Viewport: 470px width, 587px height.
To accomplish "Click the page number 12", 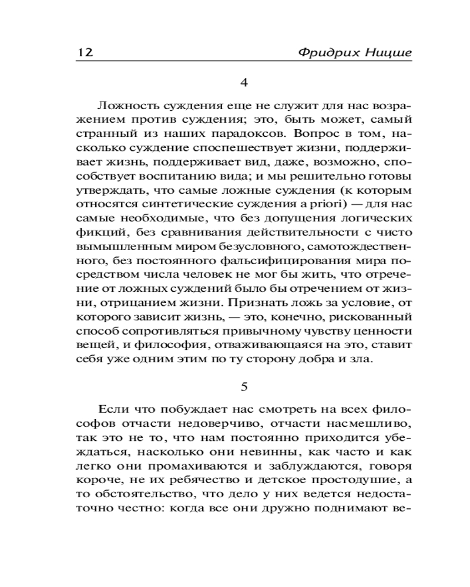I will coord(85,52).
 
